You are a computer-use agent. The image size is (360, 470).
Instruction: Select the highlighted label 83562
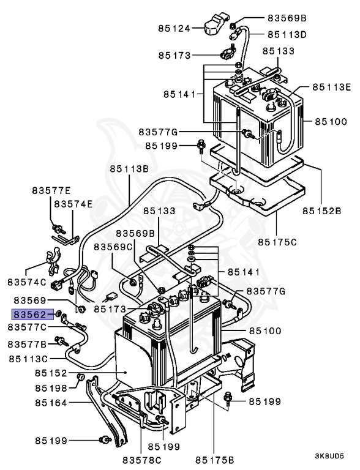tap(30, 315)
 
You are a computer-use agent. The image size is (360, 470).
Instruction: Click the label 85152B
tap(321, 212)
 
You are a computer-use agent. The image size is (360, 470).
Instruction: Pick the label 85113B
tap(129, 169)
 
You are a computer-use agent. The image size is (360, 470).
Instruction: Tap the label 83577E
tap(51, 191)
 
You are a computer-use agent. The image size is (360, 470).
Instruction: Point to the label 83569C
tap(114, 246)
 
